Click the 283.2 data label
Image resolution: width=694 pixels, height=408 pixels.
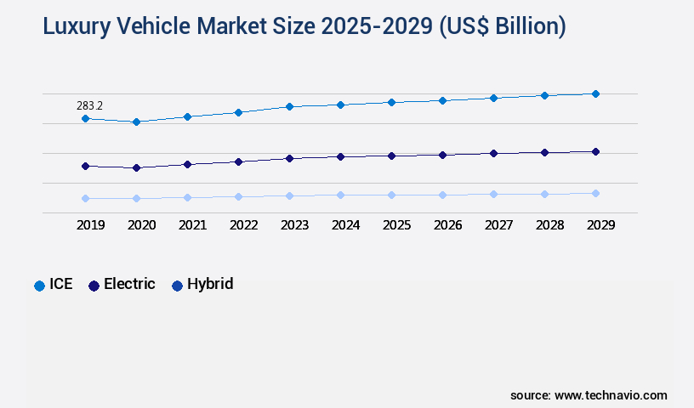pyautogui.click(x=88, y=105)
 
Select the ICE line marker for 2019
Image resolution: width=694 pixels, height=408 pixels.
pyautogui.click(x=85, y=119)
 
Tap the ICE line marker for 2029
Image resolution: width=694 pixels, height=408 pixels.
pyautogui.click(x=595, y=93)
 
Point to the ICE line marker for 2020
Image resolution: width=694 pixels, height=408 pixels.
pyautogui.click(x=136, y=122)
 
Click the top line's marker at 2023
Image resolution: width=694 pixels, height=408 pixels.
pyautogui.click(x=289, y=106)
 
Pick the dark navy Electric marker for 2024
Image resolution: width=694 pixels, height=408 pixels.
pyautogui.click(x=340, y=156)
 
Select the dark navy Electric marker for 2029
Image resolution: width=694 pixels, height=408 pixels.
pyautogui.click(x=595, y=151)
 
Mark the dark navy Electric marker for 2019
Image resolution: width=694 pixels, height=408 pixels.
pyautogui.click(x=85, y=166)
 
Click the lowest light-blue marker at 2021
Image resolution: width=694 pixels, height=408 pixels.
pyautogui.click(x=187, y=197)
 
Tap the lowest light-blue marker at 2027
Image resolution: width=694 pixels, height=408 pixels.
pyautogui.click(x=493, y=194)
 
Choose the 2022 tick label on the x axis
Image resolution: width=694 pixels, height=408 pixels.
pyautogui.click(x=243, y=225)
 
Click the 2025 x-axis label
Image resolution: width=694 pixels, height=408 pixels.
pyautogui.click(x=396, y=225)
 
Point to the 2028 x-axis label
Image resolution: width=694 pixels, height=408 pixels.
pyautogui.click(x=549, y=225)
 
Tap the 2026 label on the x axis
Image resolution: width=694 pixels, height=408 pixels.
pyautogui.click(x=447, y=225)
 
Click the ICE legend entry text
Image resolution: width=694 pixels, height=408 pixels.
pyautogui.click(x=61, y=285)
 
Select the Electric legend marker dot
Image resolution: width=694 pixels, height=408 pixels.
pyautogui.click(x=94, y=286)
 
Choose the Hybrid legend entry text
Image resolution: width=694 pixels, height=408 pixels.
pyautogui.click(x=210, y=285)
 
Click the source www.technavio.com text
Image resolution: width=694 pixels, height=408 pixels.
pyautogui.click(x=589, y=395)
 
